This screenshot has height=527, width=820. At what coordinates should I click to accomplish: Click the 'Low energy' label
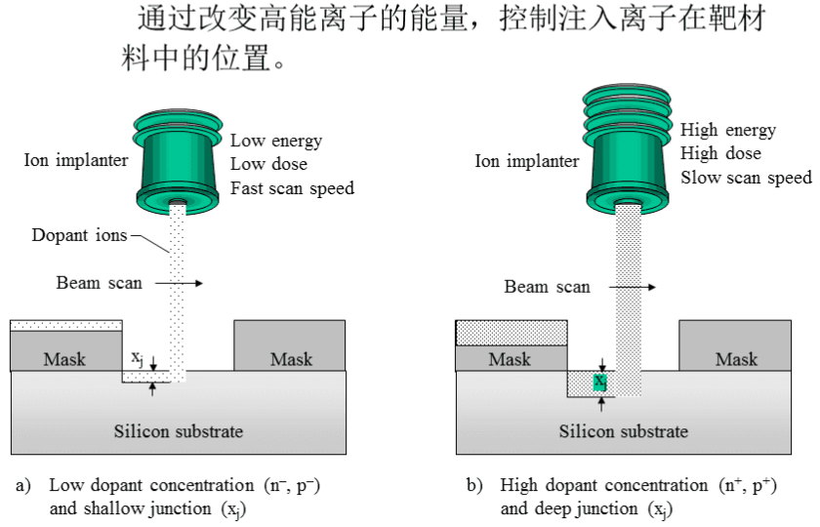[275, 141]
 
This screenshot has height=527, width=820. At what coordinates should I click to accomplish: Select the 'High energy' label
[727, 130]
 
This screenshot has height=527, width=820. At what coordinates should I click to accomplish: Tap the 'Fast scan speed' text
[292, 187]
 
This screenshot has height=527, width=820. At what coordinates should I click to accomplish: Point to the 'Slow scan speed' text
[746, 177]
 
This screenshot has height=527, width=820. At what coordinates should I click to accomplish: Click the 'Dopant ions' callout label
[79, 235]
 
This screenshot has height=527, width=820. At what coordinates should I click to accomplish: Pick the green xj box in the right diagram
[600, 382]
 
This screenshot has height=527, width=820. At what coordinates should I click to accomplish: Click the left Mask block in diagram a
[64, 359]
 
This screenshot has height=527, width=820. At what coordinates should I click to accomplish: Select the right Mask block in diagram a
[291, 359]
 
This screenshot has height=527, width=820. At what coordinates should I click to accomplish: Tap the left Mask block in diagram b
[510, 359]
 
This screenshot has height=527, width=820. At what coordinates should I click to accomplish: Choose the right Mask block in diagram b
[736, 359]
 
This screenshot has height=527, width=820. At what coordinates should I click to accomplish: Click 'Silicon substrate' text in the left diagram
[178, 430]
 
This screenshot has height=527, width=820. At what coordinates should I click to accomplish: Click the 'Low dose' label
[268, 164]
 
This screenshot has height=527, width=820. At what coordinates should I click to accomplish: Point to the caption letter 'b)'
[474, 485]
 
